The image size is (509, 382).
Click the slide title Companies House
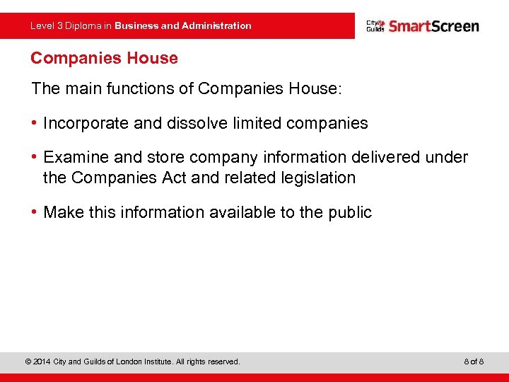coord(104,58)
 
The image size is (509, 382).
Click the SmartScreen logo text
coord(433,26)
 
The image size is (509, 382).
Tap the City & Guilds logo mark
coord(375,26)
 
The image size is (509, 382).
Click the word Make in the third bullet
coord(62,212)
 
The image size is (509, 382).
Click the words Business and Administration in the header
coord(182,25)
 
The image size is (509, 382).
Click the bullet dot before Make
coord(35,212)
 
